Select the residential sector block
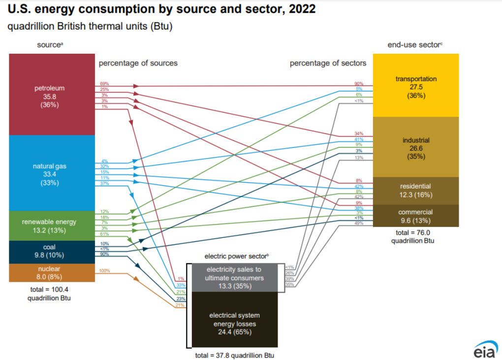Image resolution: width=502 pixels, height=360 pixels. pyautogui.click(x=416, y=190)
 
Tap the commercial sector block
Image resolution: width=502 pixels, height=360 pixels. pyautogui.click(x=416, y=216)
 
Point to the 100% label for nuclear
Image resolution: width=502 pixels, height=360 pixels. pyautogui.click(x=104, y=271)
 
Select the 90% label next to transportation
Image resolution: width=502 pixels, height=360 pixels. pyautogui.click(x=358, y=84)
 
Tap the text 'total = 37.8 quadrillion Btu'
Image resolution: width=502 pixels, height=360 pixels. pyautogui.click(x=235, y=355)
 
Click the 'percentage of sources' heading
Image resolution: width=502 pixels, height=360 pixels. pyautogui.click(x=138, y=63)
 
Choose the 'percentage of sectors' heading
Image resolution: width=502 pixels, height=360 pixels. pyautogui.click(x=328, y=63)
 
